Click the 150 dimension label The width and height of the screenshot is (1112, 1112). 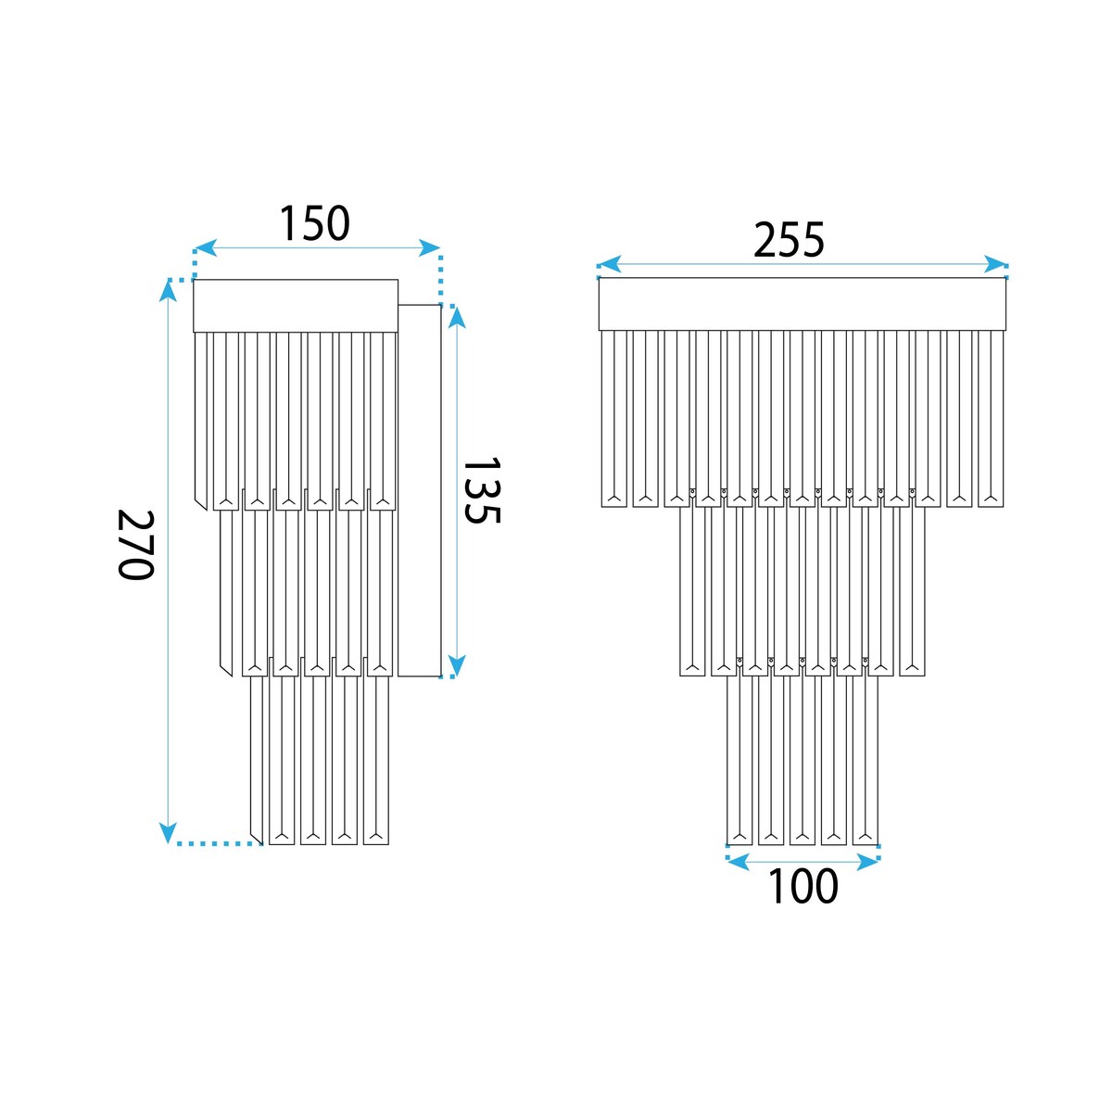(x=314, y=223)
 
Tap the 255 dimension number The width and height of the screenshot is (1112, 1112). (x=789, y=239)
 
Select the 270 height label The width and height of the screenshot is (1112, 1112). (x=136, y=545)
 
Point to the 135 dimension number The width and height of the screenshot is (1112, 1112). (x=481, y=490)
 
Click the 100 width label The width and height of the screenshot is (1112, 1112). (x=802, y=886)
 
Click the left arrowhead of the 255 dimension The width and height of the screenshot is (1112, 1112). (x=610, y=264)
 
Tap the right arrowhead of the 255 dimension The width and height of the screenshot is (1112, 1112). (x=995, y=264)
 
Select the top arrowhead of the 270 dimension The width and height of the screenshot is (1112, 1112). (x=168, y=291)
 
